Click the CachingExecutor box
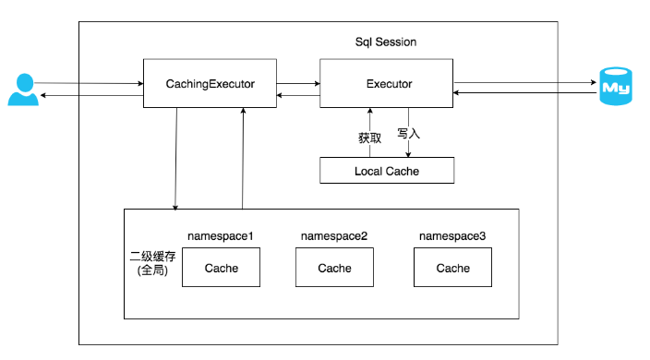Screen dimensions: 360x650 211,84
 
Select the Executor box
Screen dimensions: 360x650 386,84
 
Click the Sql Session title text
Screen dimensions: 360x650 386,42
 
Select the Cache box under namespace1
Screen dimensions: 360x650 221,268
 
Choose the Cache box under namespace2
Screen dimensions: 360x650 334,268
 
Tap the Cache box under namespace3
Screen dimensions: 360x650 452,268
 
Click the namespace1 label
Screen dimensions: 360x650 221,236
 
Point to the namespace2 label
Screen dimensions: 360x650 334,236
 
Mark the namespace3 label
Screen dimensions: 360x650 452,236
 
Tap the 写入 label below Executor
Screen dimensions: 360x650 409,133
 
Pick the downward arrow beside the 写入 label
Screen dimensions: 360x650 409,148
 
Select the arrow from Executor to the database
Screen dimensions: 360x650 524,82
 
